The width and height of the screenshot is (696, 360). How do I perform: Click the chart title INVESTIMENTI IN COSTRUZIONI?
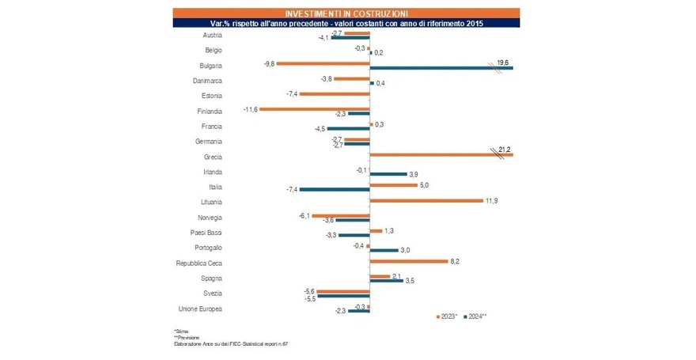coord(346,13)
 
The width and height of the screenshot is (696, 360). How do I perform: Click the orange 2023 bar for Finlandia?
coord(315,109)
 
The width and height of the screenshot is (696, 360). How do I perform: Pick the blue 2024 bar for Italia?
coord(335,189)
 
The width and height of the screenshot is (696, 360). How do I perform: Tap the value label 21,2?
coord(504,148)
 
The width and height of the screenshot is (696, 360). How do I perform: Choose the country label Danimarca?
coord(207,81)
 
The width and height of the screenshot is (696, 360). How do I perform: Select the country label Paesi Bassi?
coord(206,233)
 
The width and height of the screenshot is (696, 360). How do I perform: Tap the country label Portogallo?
coord(206,248)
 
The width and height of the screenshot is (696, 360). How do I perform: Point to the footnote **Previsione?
coord(187,336)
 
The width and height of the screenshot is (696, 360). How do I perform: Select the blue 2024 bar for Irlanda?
coord(388,174)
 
